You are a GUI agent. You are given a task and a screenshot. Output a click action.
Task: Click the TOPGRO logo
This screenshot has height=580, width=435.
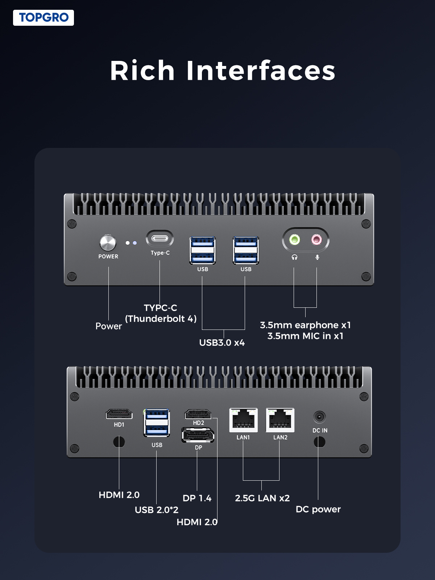[43, 18]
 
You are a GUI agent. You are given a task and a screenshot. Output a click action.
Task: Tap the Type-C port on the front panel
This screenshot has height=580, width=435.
[160, 239]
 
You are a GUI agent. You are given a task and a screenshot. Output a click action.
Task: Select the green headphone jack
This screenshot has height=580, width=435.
[295, 240]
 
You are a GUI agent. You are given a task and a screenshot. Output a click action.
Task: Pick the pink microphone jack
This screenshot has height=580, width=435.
[316, 240]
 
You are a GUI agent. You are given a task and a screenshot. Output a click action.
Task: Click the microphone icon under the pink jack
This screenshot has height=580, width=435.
[317, 257]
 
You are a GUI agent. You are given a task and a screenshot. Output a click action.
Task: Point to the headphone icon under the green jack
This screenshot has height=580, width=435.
[295, 257]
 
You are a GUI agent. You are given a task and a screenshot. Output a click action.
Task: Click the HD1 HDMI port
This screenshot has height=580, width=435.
[119, 414]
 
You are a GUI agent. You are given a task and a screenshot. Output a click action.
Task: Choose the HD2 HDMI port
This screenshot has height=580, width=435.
[198, 414]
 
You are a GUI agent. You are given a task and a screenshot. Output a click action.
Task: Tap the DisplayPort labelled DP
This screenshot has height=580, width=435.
[198, 435]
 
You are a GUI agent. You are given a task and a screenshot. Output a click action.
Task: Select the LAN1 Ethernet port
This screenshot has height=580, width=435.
[243, 420]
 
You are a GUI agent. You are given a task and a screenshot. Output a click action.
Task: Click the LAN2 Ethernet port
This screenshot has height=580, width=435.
[280, 420]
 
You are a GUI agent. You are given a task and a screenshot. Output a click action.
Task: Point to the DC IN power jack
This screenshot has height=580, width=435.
[319, 417]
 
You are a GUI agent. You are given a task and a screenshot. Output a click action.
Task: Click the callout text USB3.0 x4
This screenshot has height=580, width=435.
[222, 343]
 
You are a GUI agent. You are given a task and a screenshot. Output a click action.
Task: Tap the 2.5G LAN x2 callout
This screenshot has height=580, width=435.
[262, 498]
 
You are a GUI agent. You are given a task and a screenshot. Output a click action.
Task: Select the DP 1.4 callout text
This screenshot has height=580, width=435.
[197, 498]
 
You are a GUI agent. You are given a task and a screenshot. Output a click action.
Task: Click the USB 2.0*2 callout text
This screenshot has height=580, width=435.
[157, 510]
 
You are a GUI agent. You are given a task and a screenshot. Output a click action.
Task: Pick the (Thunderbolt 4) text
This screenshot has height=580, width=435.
[161, 319]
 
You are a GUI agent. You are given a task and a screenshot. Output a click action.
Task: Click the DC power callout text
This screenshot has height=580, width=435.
[318, 509]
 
